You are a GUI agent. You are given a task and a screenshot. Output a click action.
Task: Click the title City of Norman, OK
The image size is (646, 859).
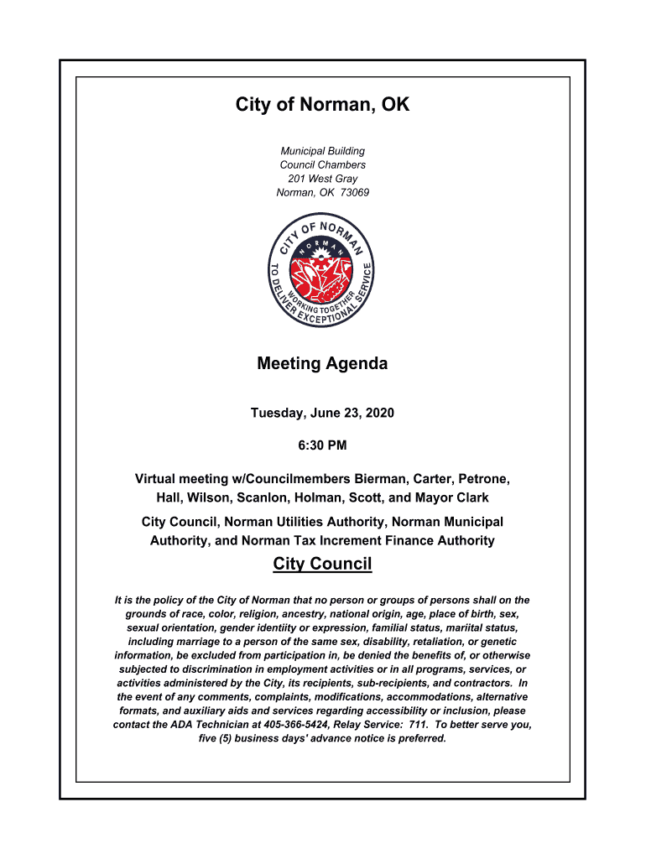322,105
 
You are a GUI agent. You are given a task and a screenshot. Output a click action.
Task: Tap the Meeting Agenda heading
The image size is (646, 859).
322,364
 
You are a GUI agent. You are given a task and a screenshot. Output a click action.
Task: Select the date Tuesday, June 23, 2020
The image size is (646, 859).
322,414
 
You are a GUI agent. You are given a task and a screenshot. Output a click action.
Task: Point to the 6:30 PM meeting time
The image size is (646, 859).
322,445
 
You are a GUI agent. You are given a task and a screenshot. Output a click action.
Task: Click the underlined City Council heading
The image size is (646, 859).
322,564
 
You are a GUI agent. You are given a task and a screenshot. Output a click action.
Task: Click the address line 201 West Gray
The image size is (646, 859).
322,179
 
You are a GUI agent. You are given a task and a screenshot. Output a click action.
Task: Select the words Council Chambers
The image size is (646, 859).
322,165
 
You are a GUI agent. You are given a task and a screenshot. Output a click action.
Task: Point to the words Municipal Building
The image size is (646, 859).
322,151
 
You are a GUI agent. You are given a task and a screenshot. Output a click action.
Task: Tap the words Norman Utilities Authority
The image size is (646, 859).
295,522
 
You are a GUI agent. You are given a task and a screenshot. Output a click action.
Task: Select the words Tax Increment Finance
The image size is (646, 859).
346,541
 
